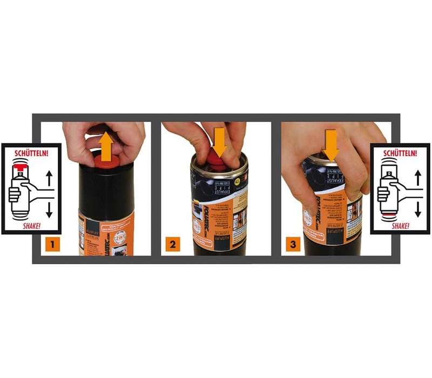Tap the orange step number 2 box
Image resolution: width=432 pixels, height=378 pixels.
coord(172,245)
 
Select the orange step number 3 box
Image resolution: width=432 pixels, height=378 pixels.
coord(292,245)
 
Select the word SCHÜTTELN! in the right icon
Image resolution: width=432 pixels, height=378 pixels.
coord(400,153)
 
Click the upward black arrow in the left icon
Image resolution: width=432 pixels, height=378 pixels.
coord(49,177)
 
